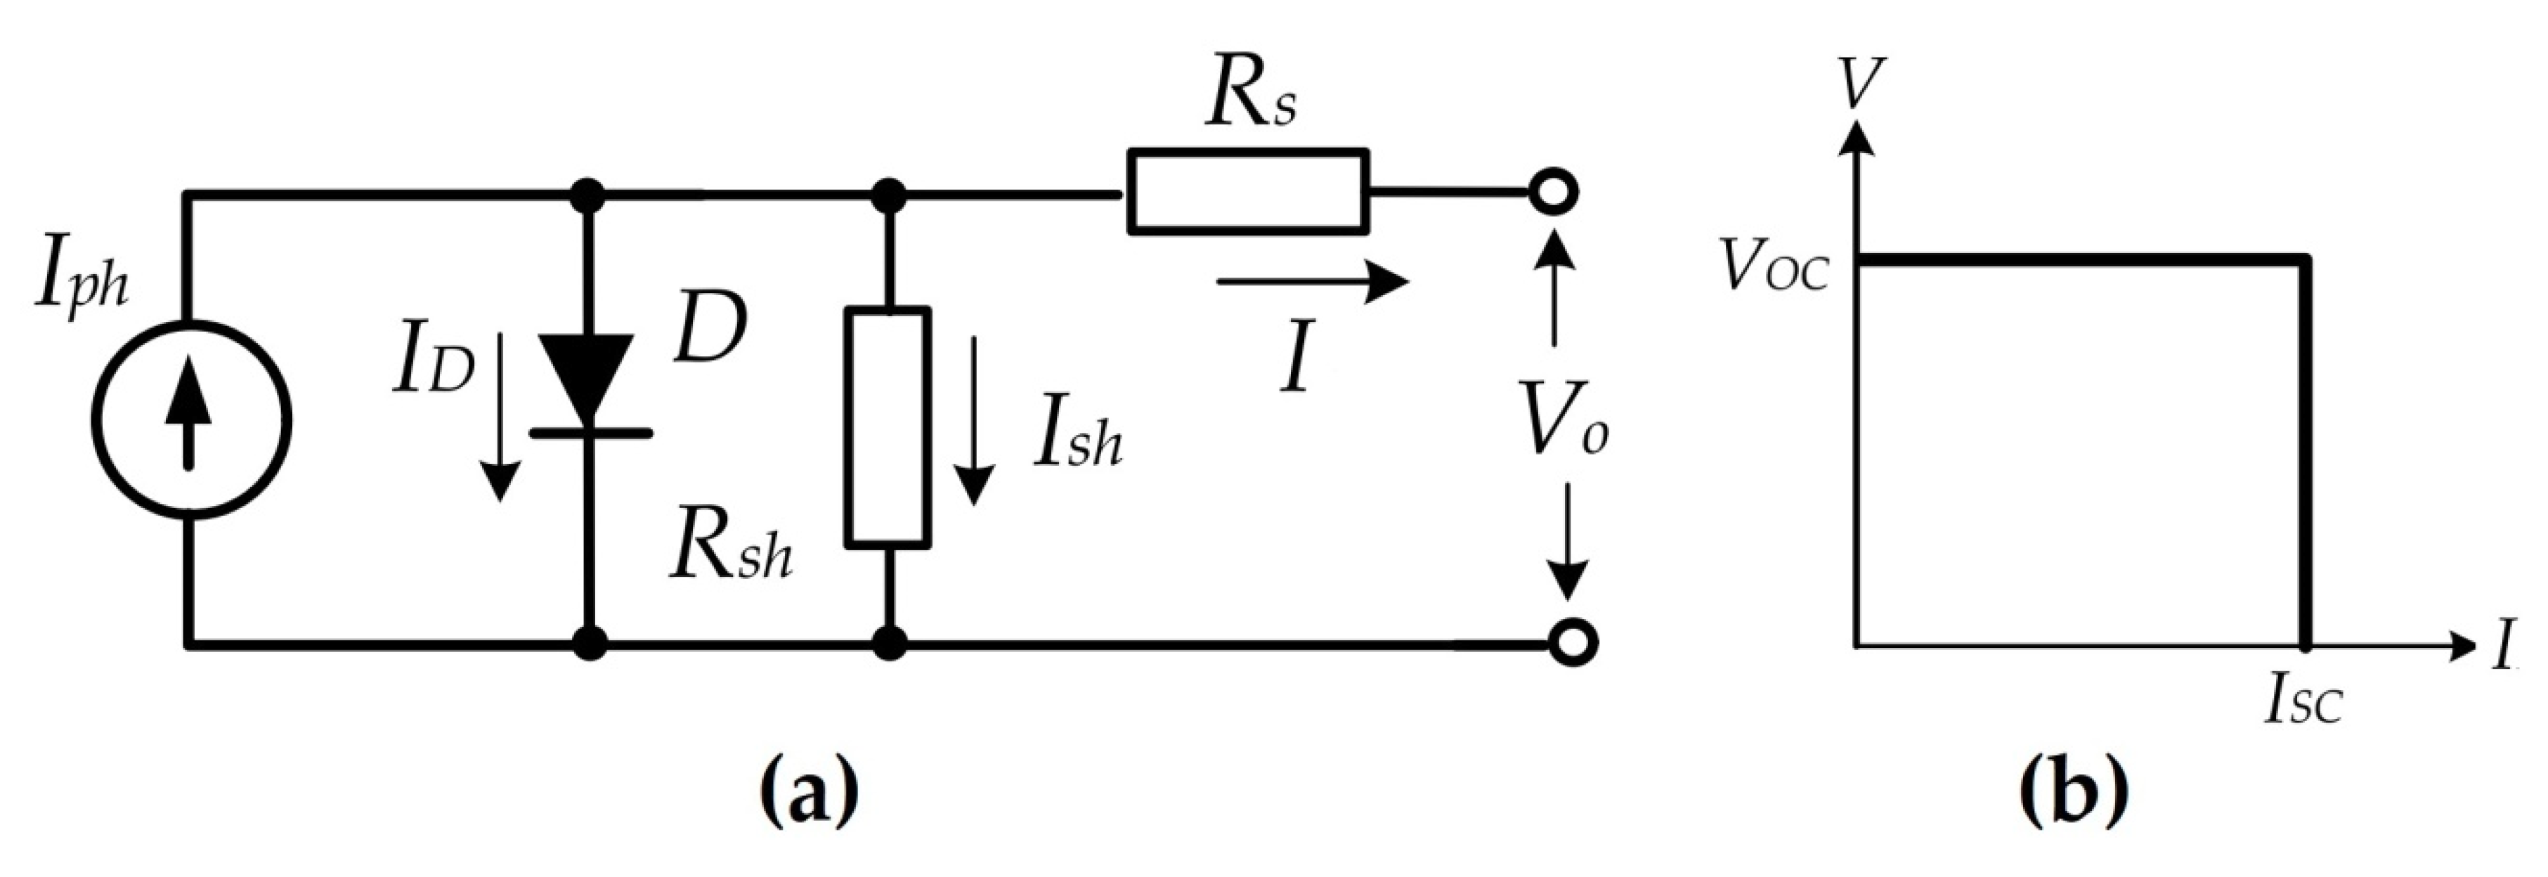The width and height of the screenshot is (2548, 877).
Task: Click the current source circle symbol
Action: tap(192, 421)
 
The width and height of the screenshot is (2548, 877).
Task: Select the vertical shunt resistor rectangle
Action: tap(888, 427)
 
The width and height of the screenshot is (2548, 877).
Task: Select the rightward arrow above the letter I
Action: tap(1311, 281)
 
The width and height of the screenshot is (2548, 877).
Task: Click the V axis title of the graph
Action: tap(1859, 85)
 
